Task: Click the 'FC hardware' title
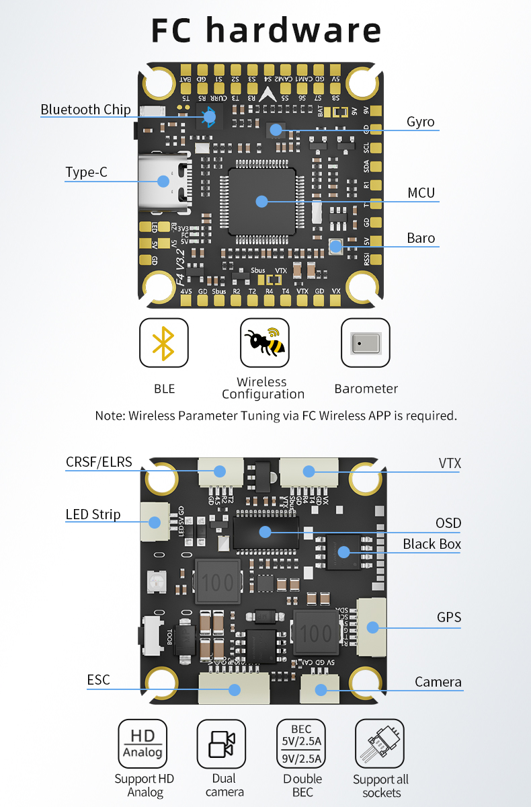point(266,31)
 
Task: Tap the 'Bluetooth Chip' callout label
point(85,110)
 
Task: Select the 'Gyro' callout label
point(420,122)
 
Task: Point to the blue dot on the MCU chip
point(262,200)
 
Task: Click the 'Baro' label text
point(420,238)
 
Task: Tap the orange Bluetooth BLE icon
point(163,343)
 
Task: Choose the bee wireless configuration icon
point(264,343)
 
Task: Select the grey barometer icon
point(365,343)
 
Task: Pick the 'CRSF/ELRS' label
point(99,462)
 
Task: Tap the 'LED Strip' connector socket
point(155,522)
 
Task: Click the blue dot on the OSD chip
point(265,532)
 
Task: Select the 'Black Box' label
point(432,544)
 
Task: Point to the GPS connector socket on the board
point(371,627)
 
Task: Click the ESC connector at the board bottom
point(235,689)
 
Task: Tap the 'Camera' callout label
point(438,682)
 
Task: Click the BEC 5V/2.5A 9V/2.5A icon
point(300,744)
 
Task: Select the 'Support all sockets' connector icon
point(379,744)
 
